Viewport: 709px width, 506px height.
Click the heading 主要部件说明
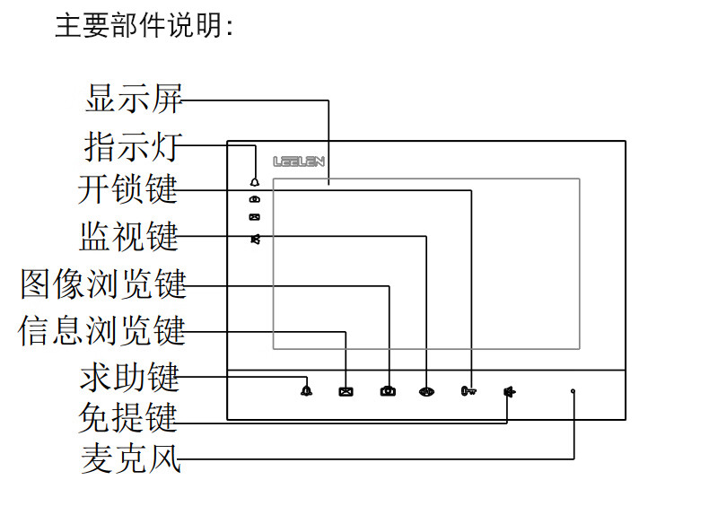point(144,25)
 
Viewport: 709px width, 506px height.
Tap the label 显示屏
point(133,99)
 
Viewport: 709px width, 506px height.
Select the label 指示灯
point(133,145)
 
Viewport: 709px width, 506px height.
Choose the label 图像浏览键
point(104,284)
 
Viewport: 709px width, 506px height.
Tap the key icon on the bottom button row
point(468,391)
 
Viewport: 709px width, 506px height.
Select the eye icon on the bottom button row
point(427,391)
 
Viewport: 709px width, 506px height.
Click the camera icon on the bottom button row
point(388,391)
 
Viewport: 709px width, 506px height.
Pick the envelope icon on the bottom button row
point(346,391)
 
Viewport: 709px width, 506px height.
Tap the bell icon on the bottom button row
point(307,390)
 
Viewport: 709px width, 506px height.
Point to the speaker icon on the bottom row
point(509,391)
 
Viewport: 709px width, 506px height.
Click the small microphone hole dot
point(573,391)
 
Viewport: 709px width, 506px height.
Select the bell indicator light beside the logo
point(256,180)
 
